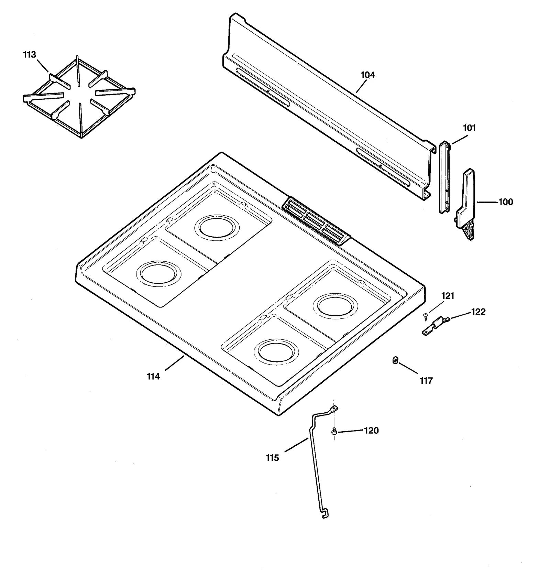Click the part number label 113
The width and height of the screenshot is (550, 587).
pos(29,55)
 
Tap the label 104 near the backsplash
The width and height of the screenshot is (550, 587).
pos(367,75)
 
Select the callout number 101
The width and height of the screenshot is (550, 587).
pos(469,128)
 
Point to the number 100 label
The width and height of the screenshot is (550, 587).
pos(505,202)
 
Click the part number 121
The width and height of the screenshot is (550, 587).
pos(448,296)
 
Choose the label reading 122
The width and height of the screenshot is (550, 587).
pos(478,312)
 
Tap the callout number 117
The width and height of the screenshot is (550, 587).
pos(426,381)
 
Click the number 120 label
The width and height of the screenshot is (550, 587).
pos(371,431)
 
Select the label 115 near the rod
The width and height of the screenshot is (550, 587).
pos(272,458)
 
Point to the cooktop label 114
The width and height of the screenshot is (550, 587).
pos(153,377)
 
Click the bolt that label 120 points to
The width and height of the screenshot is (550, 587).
pos(334,431)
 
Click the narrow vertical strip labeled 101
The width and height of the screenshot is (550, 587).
pos(445,177)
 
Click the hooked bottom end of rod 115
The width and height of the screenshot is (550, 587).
pos(325,514)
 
